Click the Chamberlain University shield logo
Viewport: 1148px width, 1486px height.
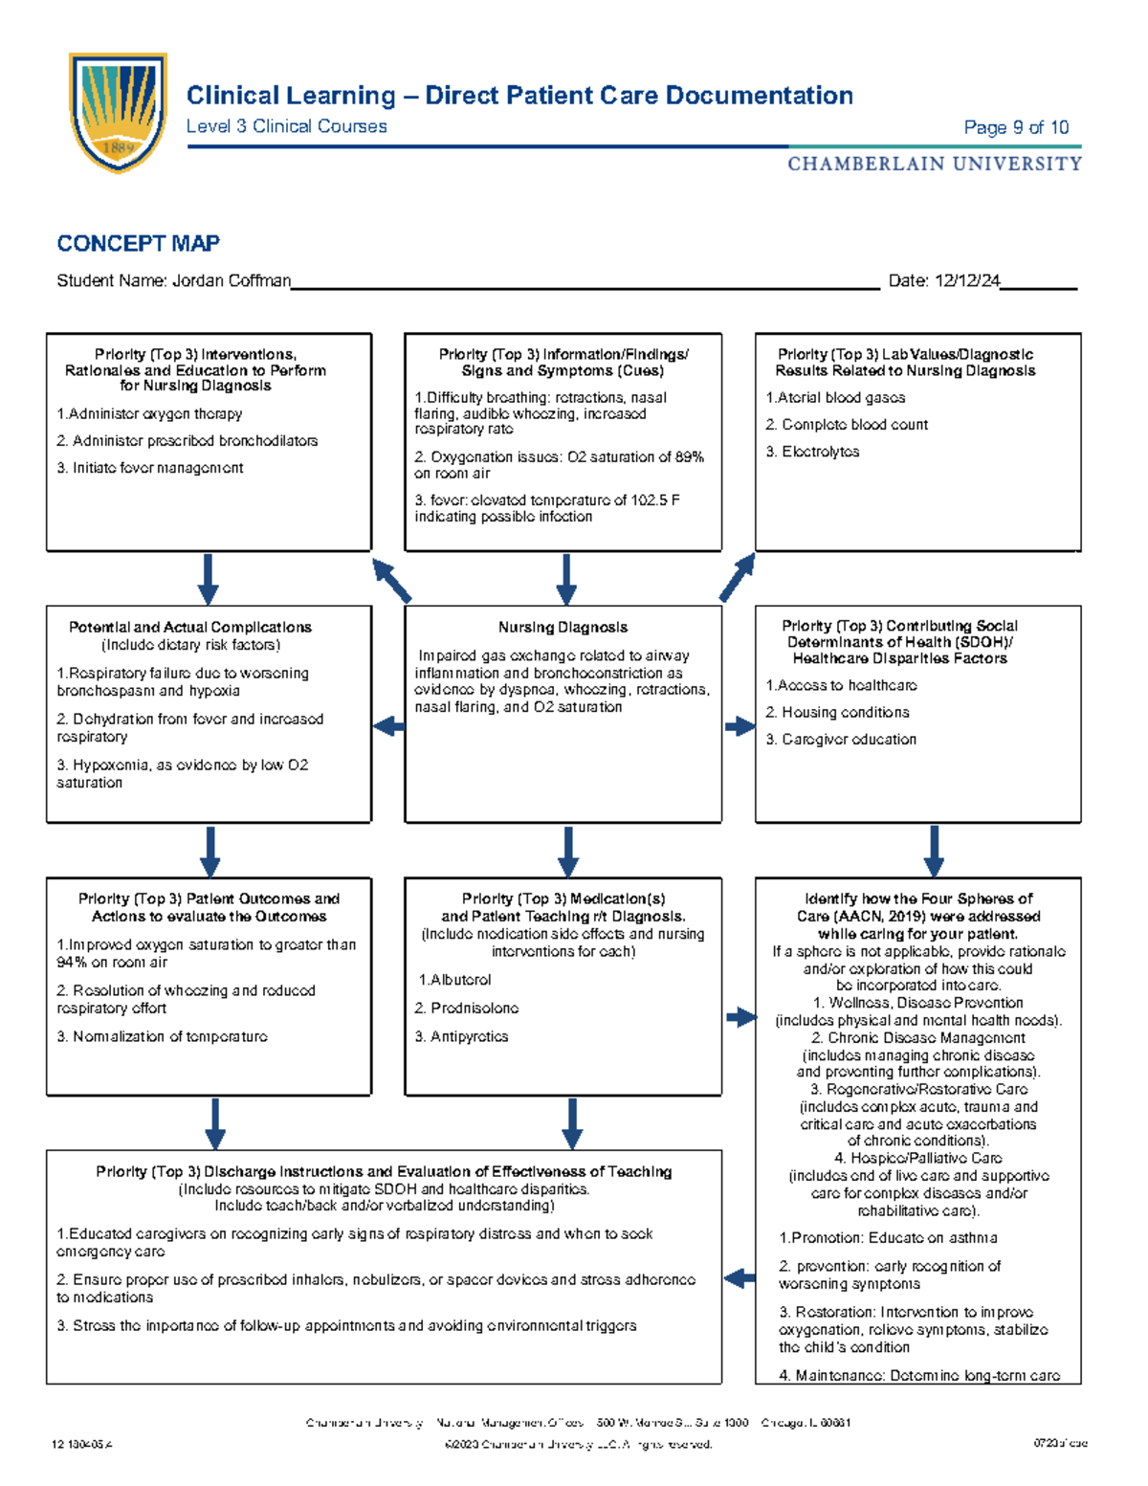click(x=118, y=112)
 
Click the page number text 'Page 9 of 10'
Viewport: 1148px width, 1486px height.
click(x=1016, y=127)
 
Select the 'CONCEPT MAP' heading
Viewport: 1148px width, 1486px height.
click(x=138, y=244)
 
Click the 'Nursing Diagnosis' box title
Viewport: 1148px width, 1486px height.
click(x=563, y=628)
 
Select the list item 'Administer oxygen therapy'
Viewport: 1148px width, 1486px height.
click(x=154, y=414)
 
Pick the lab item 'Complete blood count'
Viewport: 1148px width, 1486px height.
click(x=853, y=425)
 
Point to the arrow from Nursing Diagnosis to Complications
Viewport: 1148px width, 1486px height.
click(x=388, y=727)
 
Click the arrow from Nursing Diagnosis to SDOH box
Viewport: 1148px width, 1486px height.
click(x=740, y=727)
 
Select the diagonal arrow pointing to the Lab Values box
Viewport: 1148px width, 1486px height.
click(x=738, y=578)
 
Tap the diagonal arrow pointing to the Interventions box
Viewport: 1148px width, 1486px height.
click(x=391, y=580)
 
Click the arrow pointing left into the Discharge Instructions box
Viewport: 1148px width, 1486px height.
click(x=739, y=1278)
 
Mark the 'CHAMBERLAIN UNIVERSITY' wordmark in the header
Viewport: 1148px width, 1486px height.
click(x=934, y=165)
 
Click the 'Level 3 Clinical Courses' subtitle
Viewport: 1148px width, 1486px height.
click(x=286, y=126)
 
